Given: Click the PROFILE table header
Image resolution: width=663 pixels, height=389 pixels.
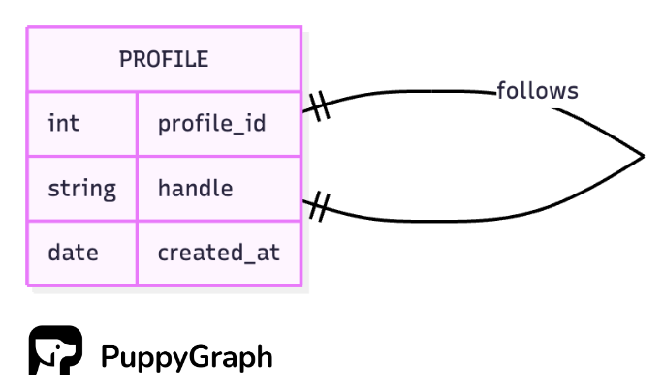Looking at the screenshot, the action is tap(164, 59).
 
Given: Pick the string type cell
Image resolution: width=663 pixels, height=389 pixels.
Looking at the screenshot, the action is tap(82, 188).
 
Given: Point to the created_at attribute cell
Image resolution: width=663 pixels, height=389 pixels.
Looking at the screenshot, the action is tap(218, 253).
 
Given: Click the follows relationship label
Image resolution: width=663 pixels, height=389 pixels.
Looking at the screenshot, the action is tap(537, 91).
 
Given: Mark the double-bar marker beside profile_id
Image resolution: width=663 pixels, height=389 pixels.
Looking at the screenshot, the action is tap(319, 105).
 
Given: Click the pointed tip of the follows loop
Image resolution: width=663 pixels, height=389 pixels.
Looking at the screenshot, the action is tap(642, 156).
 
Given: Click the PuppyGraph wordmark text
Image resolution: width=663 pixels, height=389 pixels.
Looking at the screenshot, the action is tap(186, 357).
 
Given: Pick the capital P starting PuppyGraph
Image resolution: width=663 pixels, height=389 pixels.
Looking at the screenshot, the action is tap(109, 356).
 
